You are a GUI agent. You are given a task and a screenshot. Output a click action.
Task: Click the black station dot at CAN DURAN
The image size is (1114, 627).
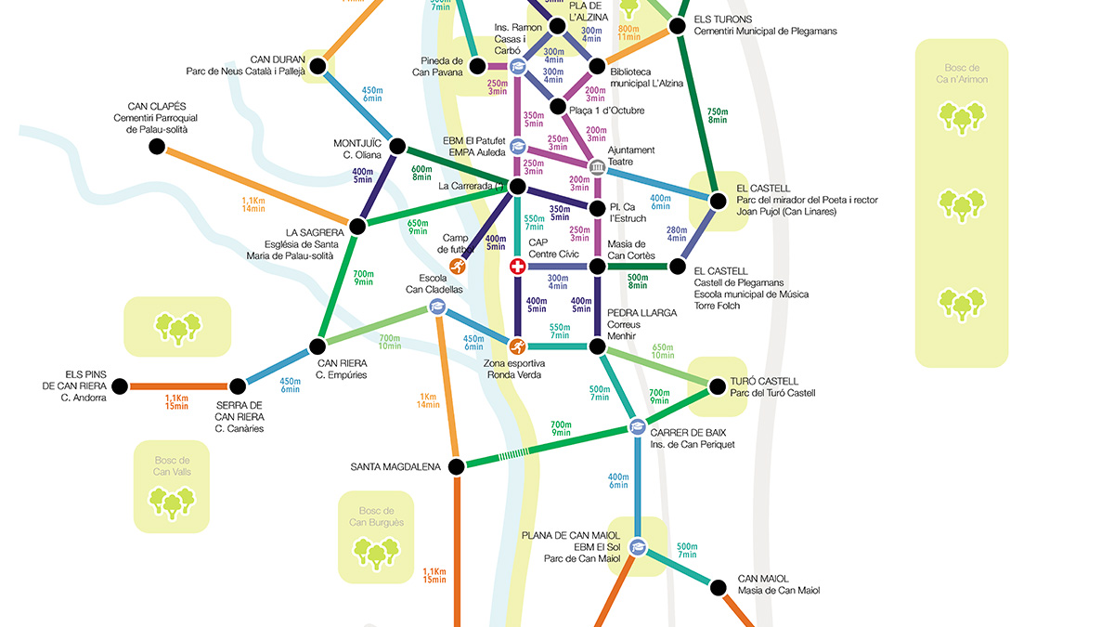pos(318,66)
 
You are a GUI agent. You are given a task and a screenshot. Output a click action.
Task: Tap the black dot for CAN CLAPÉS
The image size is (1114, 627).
pos(156,146)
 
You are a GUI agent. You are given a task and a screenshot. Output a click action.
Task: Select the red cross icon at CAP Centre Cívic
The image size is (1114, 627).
pos(518,267)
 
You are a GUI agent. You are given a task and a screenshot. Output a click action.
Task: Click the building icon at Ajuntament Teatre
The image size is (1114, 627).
pos(597,167)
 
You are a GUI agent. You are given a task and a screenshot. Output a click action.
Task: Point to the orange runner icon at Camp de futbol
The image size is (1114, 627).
pos(458,267)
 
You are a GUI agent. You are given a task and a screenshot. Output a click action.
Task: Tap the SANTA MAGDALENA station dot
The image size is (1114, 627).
pos(456,466)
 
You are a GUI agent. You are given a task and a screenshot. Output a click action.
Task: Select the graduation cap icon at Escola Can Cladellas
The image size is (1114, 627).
pos(437,307)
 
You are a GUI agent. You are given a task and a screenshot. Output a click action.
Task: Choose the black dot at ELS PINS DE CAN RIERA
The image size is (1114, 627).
pos(120,385)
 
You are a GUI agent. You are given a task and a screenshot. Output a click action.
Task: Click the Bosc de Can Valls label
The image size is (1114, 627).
pos(172,465)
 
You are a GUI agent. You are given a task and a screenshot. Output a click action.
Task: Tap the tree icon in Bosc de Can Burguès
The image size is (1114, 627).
pos(376,553)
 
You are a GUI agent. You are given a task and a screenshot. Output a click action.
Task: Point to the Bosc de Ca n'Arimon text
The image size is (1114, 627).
pos(962,73)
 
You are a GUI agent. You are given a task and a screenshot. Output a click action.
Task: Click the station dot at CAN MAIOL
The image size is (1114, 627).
pos(717,587)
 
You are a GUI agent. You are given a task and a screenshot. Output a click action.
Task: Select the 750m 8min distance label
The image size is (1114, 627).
pos(717,114)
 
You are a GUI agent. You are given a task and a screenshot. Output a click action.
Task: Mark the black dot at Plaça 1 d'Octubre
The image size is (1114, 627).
pos(557,107)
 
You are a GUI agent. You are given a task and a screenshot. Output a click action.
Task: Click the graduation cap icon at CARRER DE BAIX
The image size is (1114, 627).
pos(637,427)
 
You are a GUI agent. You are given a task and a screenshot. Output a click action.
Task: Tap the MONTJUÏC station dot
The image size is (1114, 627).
pos(398,146)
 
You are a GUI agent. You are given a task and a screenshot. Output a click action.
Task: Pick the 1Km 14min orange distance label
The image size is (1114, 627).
pos(428,400)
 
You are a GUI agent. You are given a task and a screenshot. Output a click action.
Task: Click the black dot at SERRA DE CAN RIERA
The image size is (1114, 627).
pos(239,385)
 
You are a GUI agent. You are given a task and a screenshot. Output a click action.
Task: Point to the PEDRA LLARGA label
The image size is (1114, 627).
pos(641,313)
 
